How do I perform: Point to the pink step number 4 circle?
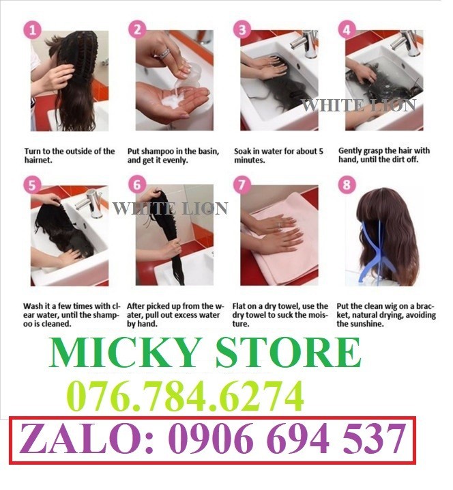[x=348, y=29]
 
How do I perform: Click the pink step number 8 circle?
[x=348, y=185]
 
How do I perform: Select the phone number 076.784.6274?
[x=184, y=396]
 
